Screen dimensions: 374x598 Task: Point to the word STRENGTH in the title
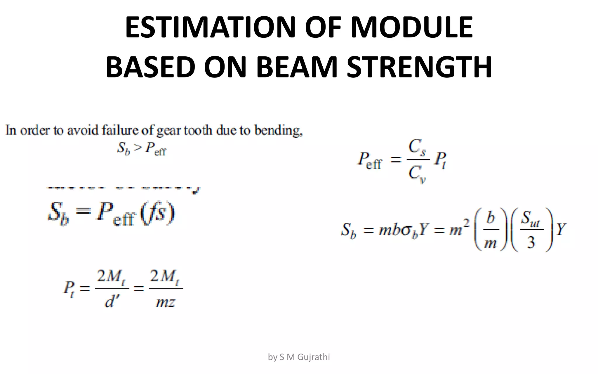click(x=419, y=67)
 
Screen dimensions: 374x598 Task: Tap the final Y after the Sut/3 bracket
click(x=561, y=229)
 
